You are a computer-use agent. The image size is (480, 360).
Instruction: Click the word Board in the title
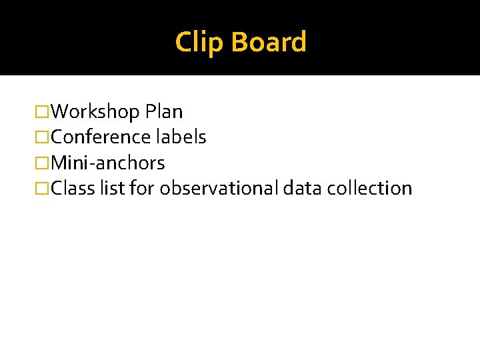269,42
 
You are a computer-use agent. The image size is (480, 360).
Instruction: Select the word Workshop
95,111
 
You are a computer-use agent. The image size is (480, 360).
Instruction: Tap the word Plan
164,111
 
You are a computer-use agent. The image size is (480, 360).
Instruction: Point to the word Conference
101,137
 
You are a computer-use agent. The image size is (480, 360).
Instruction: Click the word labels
181,137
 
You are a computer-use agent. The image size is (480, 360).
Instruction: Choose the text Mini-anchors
108,163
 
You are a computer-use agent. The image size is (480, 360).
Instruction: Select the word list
111,189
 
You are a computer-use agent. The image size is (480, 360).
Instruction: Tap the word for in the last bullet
142,189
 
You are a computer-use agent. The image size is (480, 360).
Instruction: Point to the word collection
370,189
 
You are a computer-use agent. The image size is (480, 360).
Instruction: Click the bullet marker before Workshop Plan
43,111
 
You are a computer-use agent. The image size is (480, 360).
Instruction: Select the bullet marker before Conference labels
43,137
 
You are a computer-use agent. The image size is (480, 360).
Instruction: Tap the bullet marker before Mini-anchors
43,163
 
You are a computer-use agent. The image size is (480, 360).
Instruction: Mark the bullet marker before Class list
43,189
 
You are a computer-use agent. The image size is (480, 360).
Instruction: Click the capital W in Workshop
60,111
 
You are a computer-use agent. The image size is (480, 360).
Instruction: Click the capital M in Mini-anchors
59,163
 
